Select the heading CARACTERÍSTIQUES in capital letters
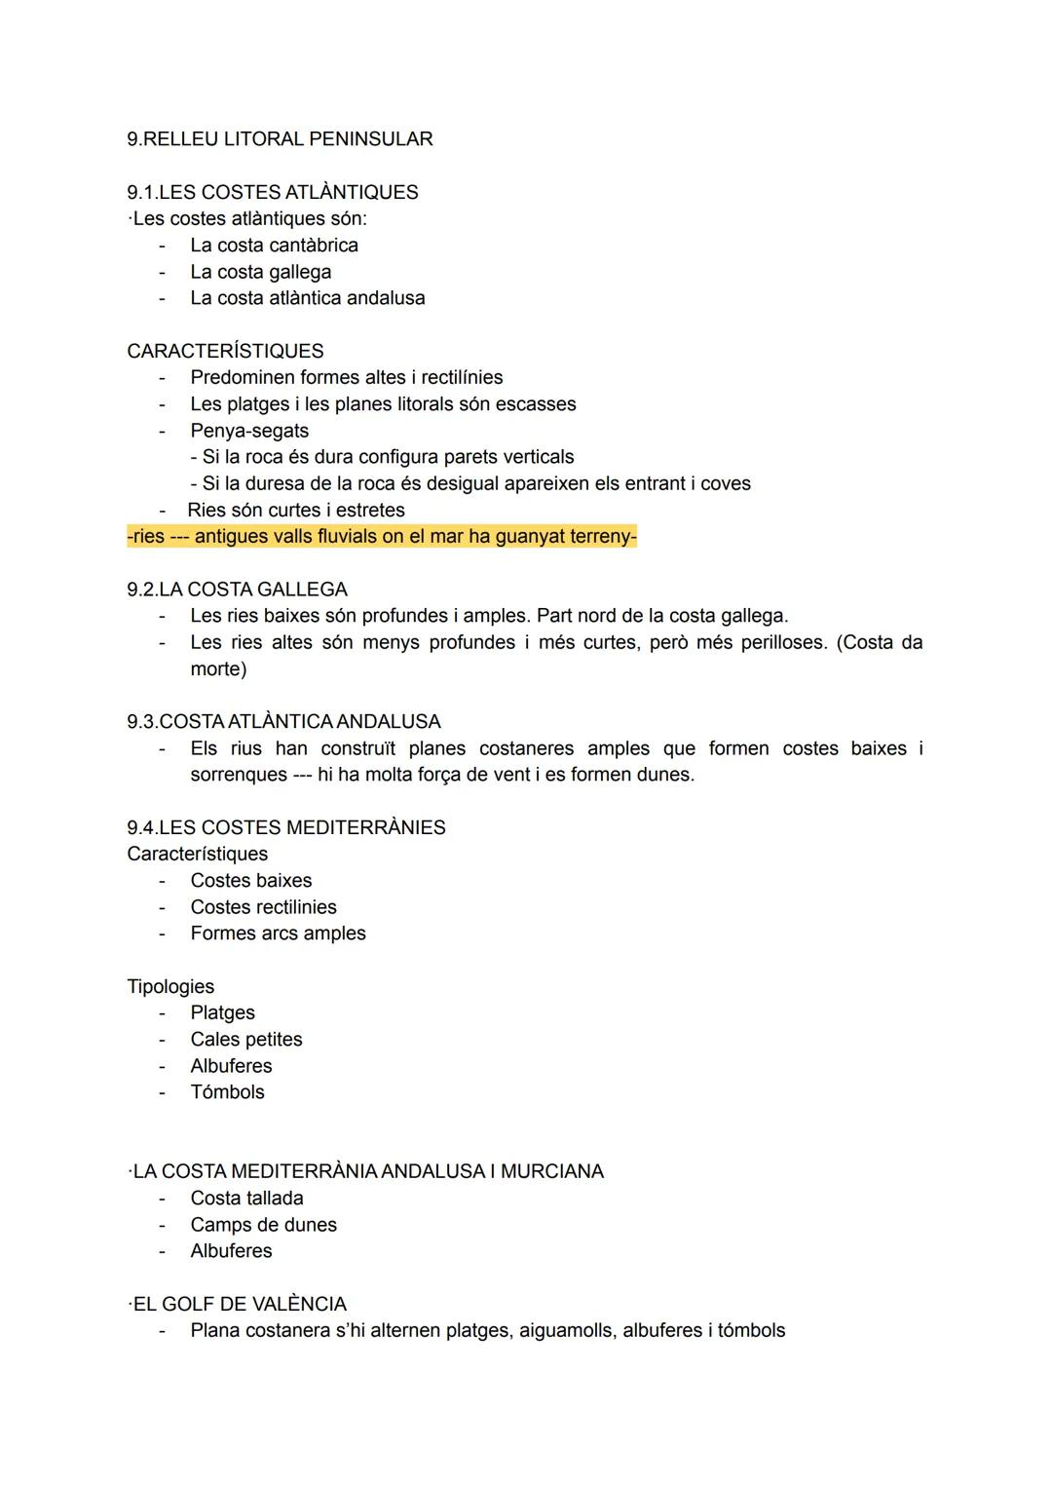coord(225,351)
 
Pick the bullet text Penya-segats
coord(249,431)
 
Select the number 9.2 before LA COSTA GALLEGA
coord(141,590)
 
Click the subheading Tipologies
coord(170,987)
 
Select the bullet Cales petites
coord(246,1040)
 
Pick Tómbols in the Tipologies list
coord(227,1092)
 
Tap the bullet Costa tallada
coord(246,1199)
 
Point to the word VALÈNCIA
coord(299,1305)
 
